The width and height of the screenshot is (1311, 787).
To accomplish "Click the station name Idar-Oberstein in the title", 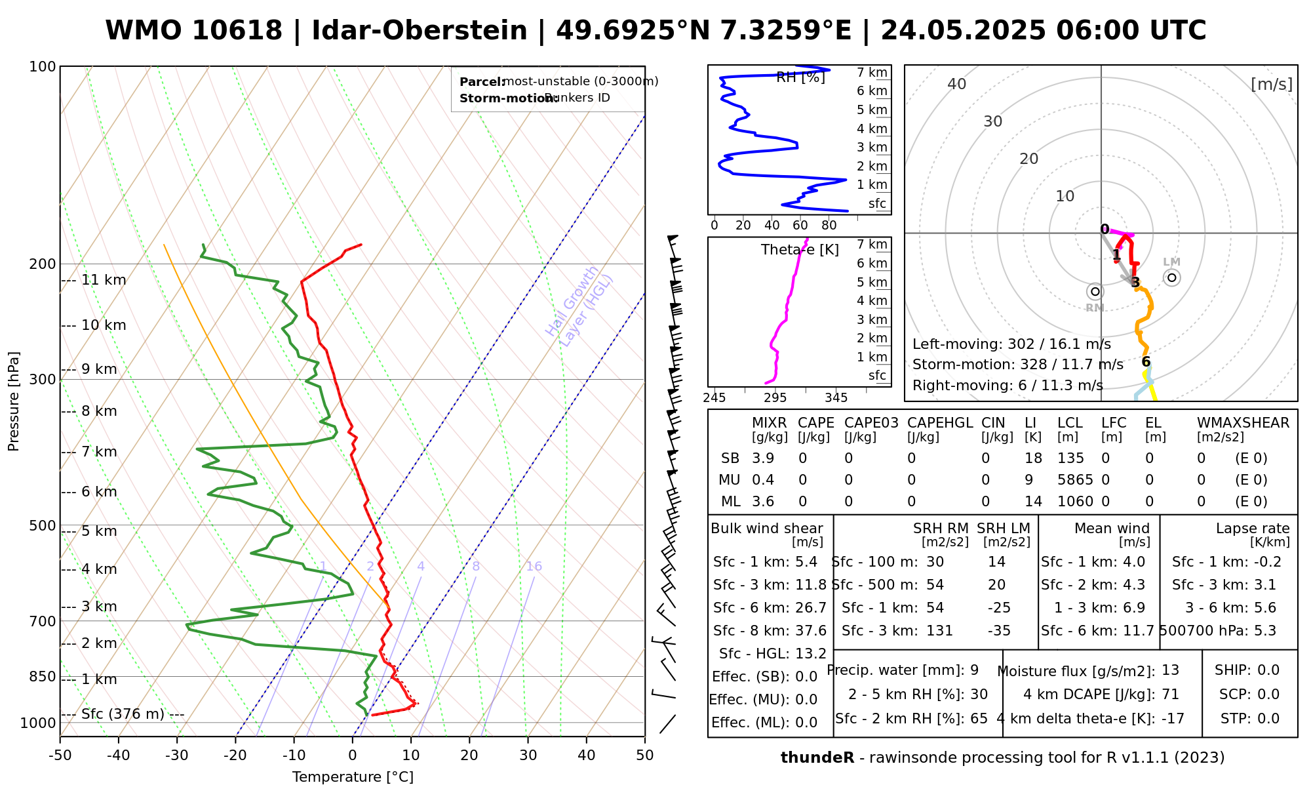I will (419, 31).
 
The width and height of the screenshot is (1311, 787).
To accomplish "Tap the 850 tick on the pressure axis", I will (43, 676).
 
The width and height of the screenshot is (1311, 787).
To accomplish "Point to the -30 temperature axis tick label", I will (177, 756).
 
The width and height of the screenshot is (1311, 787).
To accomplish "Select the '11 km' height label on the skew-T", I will (104, 280).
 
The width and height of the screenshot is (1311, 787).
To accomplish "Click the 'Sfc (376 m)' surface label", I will (123, 714).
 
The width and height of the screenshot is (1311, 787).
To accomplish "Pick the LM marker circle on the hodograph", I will (1172, 278).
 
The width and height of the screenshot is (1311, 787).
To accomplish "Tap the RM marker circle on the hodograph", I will (1095, 291).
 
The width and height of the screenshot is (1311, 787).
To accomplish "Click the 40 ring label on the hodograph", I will (957, 84).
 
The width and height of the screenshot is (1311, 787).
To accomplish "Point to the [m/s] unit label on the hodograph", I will (1272, 84).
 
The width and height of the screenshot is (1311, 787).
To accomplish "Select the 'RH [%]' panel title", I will (800, 77).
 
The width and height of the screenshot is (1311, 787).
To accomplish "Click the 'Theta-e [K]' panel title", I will (800, 250).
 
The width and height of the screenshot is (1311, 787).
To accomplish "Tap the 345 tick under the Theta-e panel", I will (836, 397).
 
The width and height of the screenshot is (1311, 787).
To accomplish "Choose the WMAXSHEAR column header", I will (1243, 423).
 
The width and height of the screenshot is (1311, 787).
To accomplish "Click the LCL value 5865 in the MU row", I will (1075, 480).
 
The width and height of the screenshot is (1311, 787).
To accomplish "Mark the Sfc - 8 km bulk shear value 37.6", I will (811, 631).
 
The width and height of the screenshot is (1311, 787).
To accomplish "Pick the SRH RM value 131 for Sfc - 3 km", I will (939, 631).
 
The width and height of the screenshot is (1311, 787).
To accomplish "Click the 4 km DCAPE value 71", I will (1170, 695).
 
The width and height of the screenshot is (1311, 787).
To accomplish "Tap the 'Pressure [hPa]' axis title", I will (14, 401).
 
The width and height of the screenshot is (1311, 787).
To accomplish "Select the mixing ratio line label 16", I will (534, 567).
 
